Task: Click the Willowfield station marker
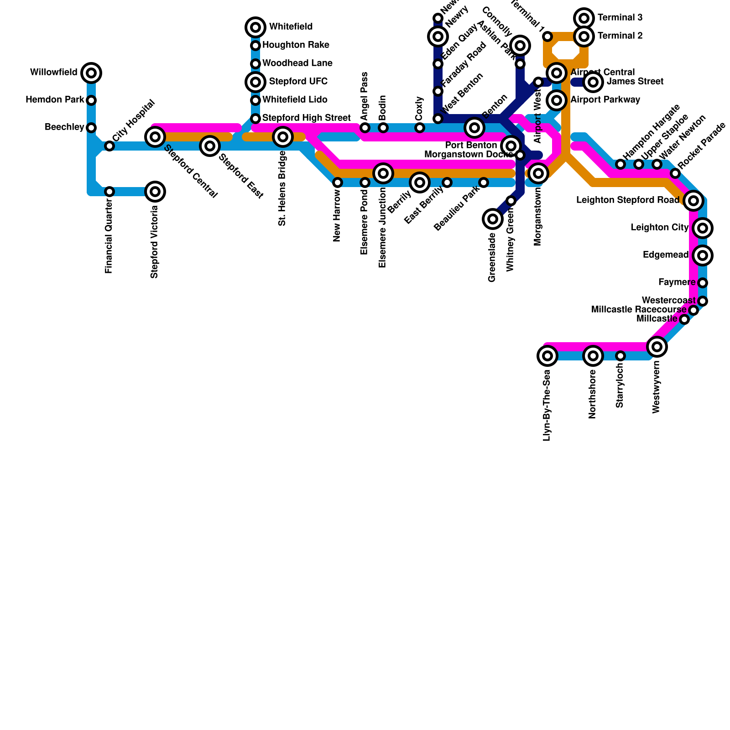[91, 73]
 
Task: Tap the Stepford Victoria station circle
[155, 192]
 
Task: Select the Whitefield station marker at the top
[255, 27]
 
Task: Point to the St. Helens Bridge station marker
[283, 136]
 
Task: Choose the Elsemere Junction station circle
[383, 173]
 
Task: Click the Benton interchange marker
[474, 127]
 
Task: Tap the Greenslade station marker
[493, 219]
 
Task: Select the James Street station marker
[593, 82]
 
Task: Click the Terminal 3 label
[620, 18]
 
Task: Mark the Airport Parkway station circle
[557, 100]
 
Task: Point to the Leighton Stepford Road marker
[693, 200]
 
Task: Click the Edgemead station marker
[703, 255]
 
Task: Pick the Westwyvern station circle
[657, 347]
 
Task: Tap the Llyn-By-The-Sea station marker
[547, 356]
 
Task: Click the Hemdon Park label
[55, 100]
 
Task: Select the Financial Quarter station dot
[109, 192]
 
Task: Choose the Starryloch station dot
[620, 356]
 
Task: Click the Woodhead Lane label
[297, 63]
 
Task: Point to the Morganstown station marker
[538, 173]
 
